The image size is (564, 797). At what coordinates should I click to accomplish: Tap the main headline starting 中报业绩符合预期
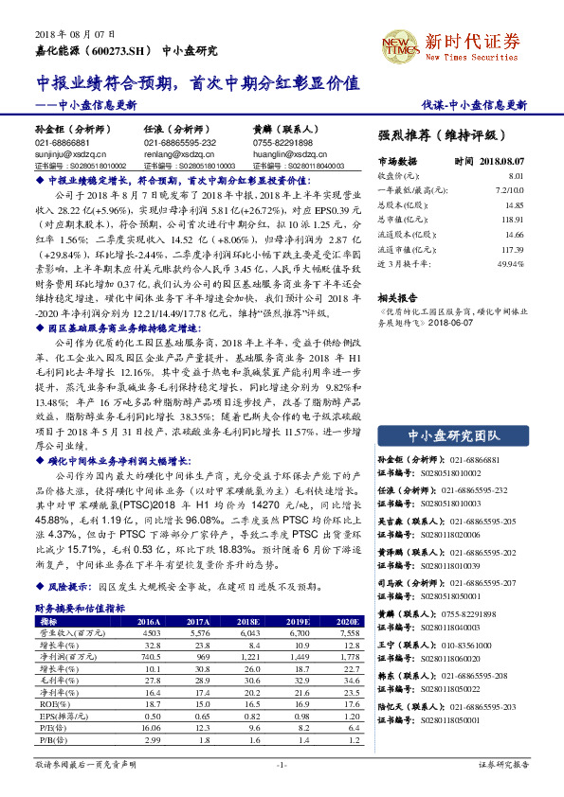tap(198, 82)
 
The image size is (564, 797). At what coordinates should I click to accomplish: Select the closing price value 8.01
tap(516, 176)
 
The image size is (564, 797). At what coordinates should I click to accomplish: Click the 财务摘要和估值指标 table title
tap(80, 608)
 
